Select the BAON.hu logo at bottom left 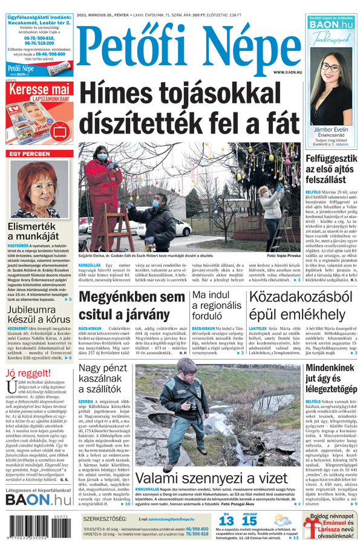click(x=38, y=499)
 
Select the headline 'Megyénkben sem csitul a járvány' click(x=132, y=306)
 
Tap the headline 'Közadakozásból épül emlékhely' click(x=301, y=306)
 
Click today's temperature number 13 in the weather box click(x=226, y=521)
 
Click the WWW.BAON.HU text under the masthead click(x=287, y=72)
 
